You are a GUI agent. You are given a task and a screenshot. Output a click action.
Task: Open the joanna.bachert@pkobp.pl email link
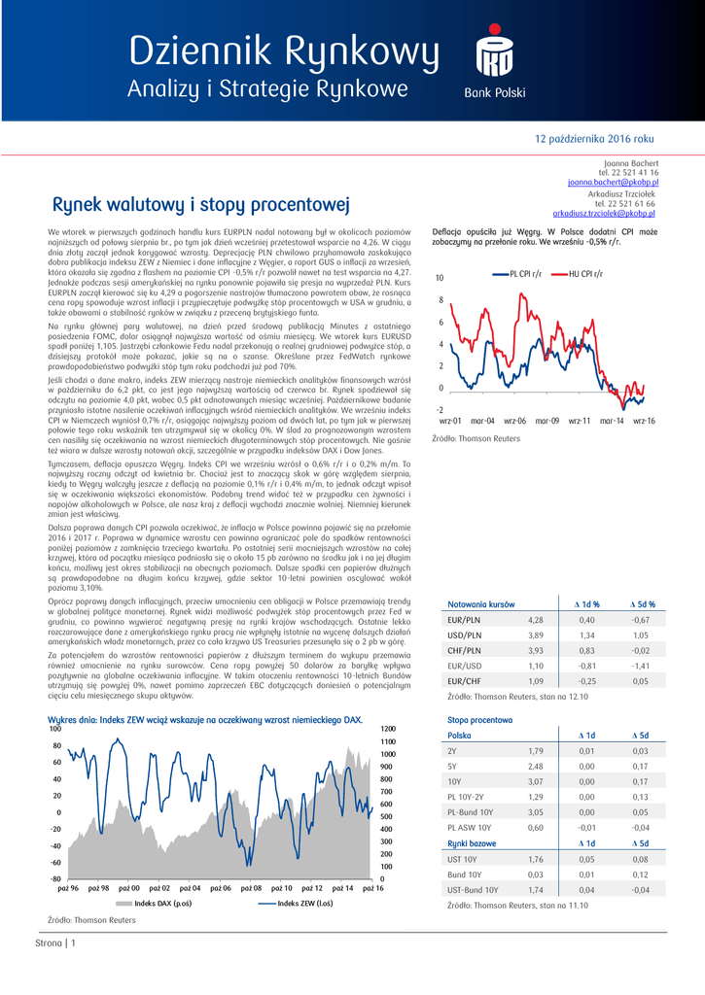pyautogui.click(x=613, y=182)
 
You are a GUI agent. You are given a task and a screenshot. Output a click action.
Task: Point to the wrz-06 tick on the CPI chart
pyautogui.click(x=514, y=421)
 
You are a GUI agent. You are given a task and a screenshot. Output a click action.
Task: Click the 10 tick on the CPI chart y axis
pyautogui.click(x=440, y=279)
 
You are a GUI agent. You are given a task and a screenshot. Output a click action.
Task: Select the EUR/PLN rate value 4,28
pyautogui.click(x=535, y=619)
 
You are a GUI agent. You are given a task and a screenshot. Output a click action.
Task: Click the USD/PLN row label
pyautogui.click(x=463, y=635)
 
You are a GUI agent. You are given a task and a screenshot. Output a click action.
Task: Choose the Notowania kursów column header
pyautogui.click(x=474, y=603)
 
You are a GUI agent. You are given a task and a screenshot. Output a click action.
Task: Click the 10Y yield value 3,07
pyautogui.click(x=536, y=781)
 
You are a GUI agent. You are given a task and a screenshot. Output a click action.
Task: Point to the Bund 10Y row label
pyautogui.click(x=466, y=875)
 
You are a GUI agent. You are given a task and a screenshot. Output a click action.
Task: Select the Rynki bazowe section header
pyautogui.click(x=471, y=843)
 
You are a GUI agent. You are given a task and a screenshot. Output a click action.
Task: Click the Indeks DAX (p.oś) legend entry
pyautogui.click(x=160, y=903)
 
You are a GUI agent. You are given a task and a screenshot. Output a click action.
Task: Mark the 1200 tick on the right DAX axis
pyautogui.click(x=387, y=729)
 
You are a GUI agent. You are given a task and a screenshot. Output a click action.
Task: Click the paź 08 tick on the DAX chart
pyautogui.click(x=252, y=888)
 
